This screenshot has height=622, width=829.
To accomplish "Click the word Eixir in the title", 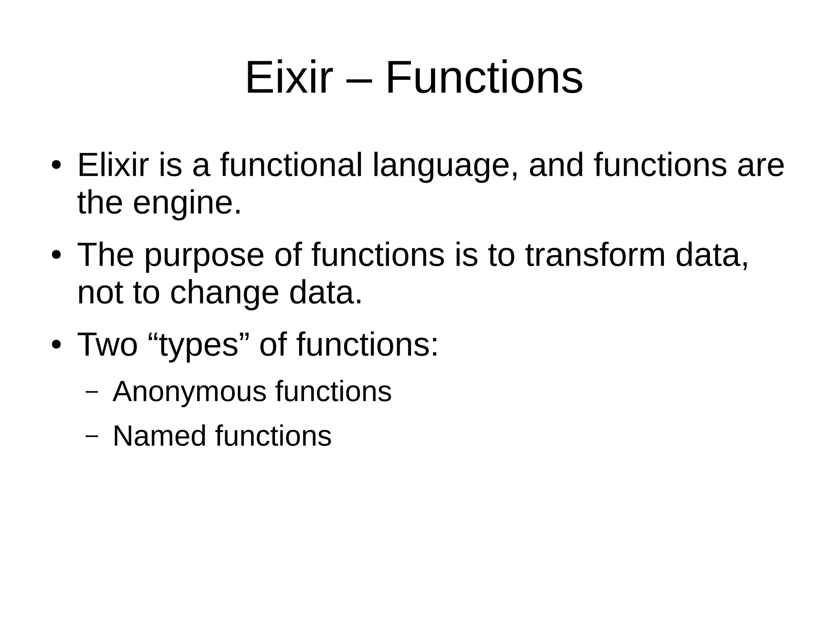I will (289, 78).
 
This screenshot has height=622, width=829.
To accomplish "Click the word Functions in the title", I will (484, 78).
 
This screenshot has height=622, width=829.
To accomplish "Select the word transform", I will (595, 255).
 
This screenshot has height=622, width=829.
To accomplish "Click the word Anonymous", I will (189, 392).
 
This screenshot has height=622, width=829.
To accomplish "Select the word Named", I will (159, 436).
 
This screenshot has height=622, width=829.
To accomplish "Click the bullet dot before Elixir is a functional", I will (56, 167).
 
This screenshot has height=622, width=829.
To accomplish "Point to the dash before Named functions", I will (92, 437).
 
